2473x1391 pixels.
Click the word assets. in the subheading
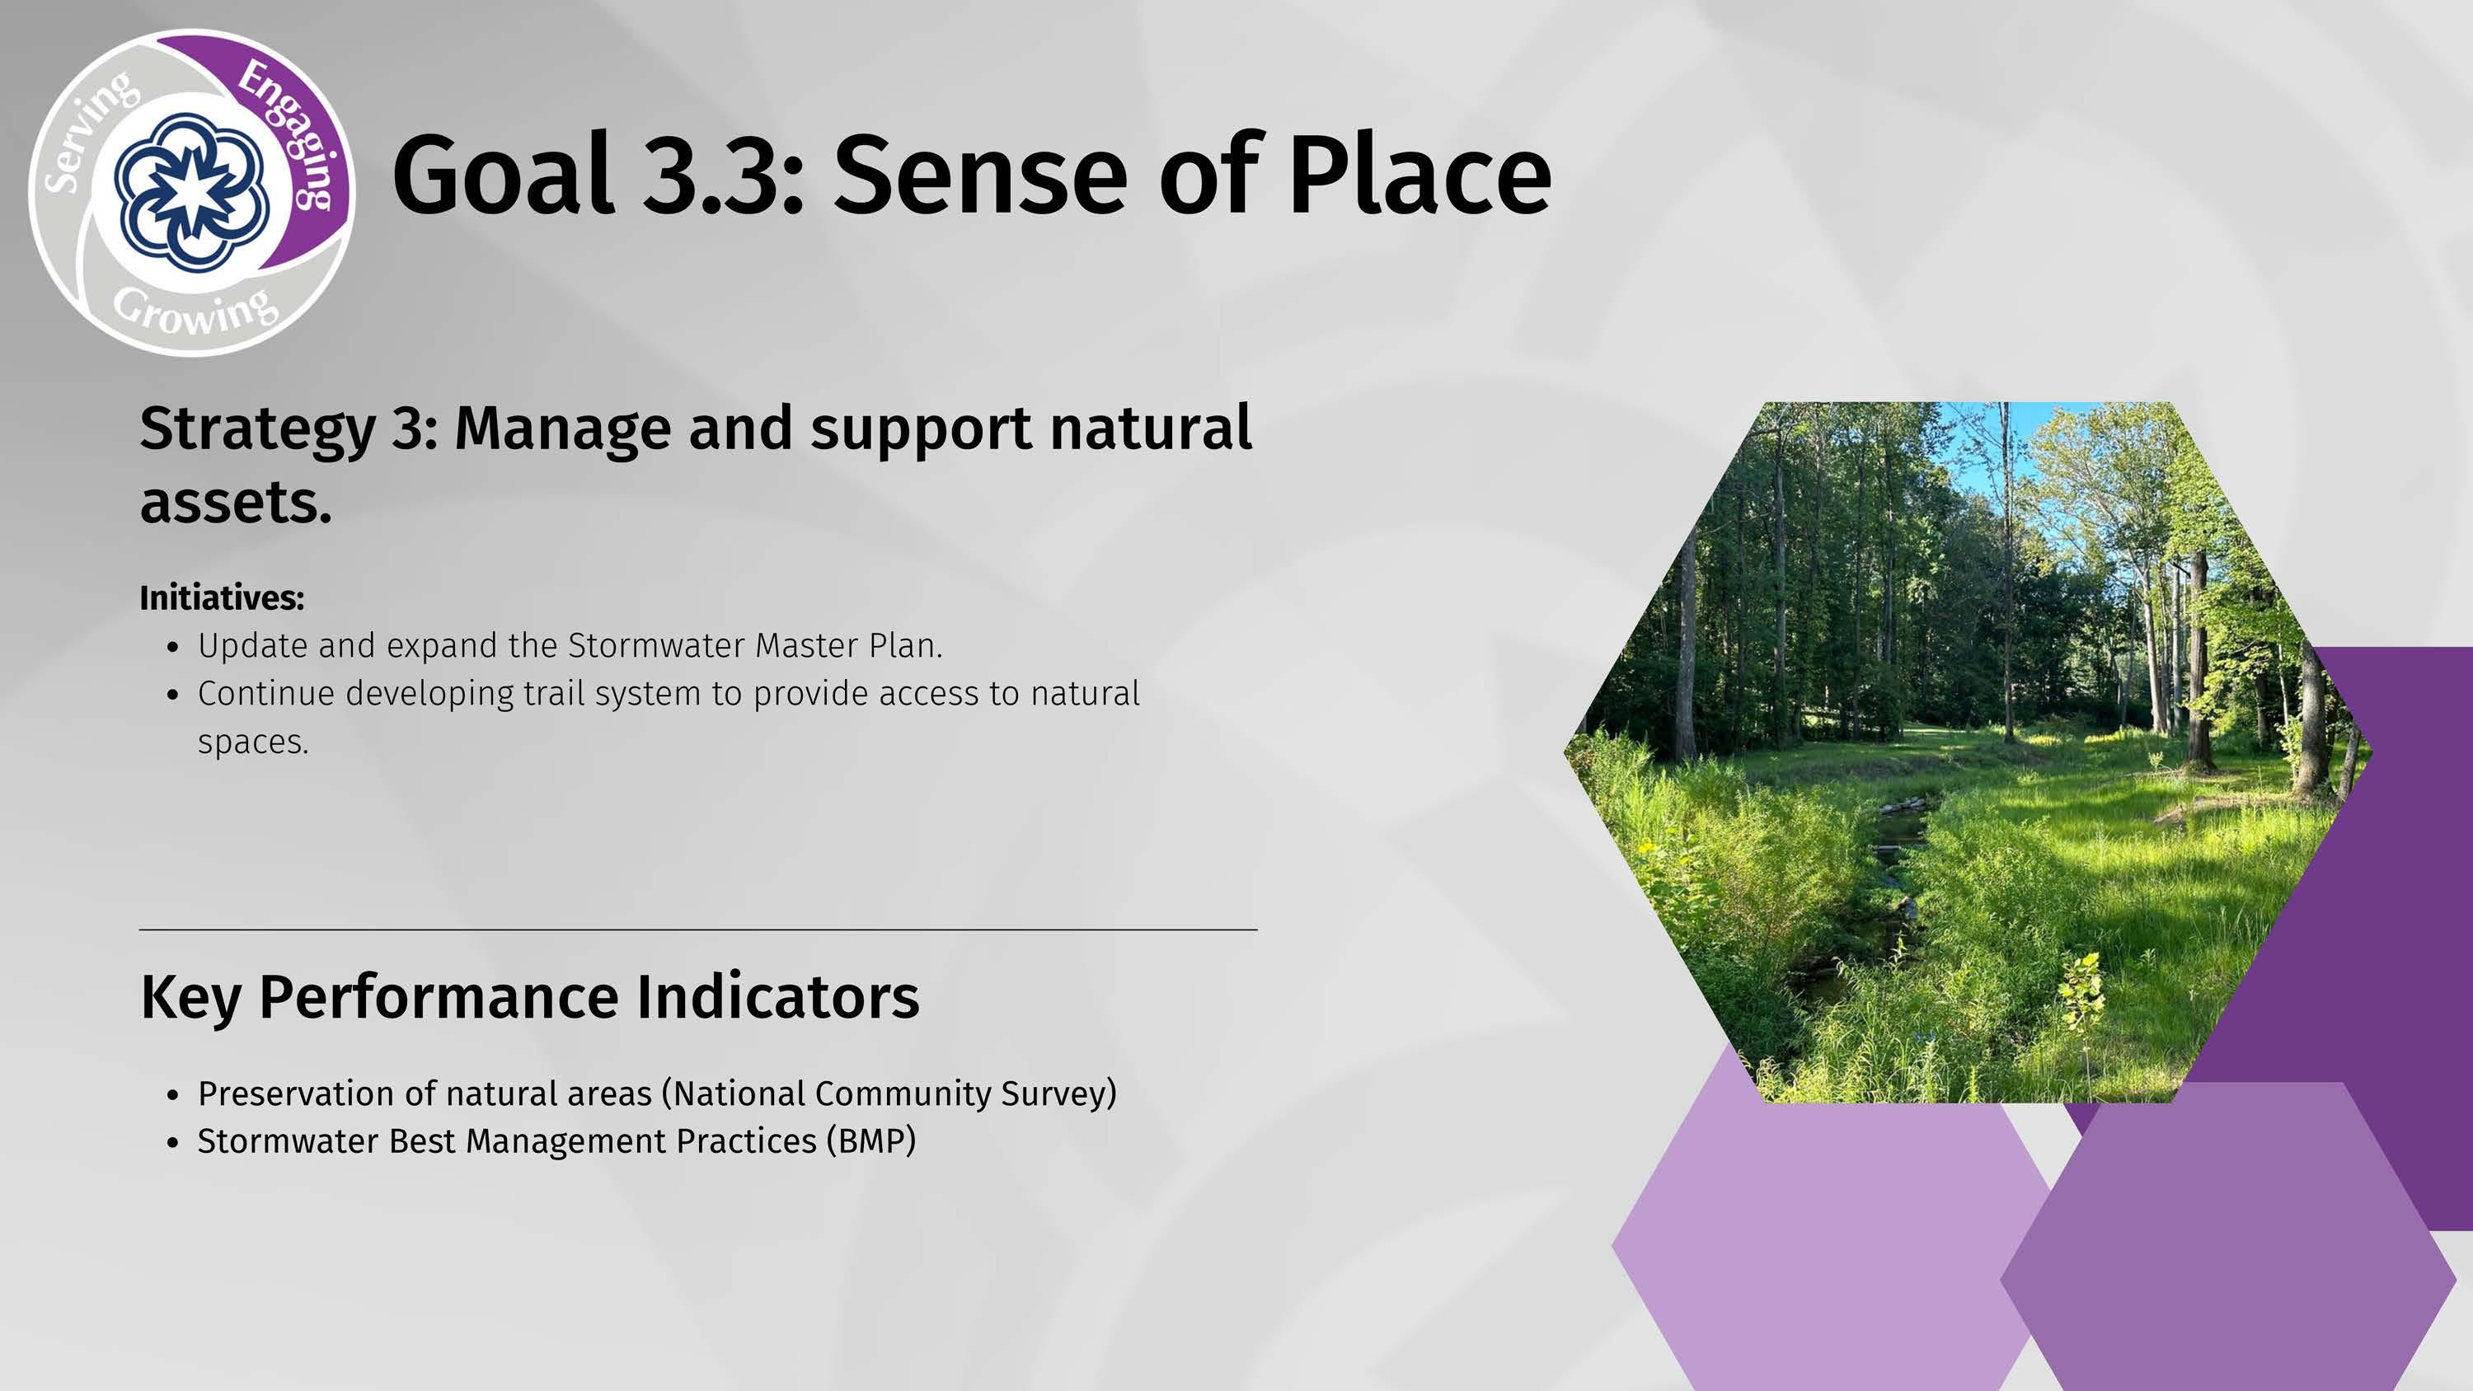click(236, 503)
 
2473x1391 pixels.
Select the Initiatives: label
click(222, 598)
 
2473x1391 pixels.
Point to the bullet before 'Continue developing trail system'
click(173, 695)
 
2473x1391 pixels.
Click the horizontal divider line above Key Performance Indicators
click(699, 930)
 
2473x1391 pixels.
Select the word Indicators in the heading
click(777, 996)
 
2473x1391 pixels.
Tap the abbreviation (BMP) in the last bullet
click(871, 1141)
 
